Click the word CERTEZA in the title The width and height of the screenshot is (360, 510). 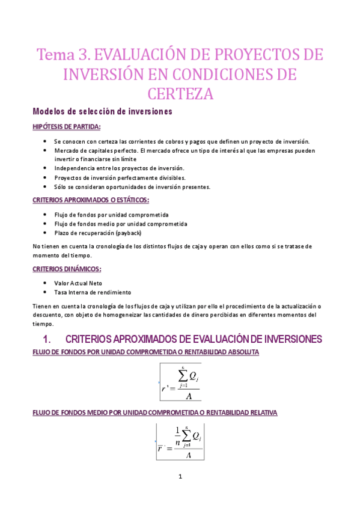point(180,94)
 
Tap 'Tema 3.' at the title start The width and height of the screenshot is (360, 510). point(63,55)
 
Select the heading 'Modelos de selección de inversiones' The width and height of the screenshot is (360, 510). point(102,112)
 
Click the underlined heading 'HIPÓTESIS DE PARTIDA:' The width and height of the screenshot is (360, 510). point(66,127)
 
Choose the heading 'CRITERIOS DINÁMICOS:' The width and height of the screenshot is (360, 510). point(67,269)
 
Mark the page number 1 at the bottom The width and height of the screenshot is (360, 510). point(180,478)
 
